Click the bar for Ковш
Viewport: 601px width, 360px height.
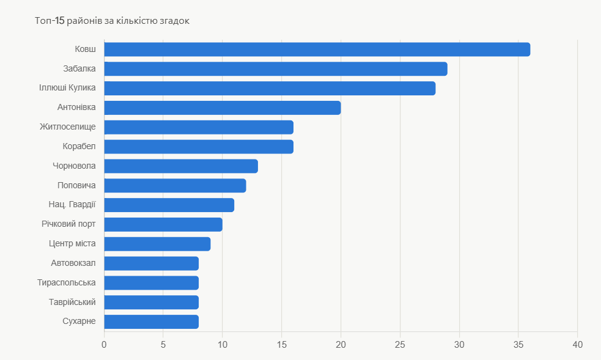(x=317, y=50)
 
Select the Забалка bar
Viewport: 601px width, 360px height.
(x=276, y=69)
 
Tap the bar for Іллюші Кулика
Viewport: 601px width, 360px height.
(x=270, y=88)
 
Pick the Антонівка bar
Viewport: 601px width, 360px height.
(x=223, y=108)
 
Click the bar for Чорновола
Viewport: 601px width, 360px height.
(x=181, y=166)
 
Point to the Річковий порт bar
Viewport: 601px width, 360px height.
(x=163, y=224)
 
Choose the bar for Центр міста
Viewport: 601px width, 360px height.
(x=157, y=244)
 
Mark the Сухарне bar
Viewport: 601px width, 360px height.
(x=152, y=321)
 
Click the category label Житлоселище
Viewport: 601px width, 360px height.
(x=68, y=127)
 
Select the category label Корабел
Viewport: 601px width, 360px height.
(x=79, y=146)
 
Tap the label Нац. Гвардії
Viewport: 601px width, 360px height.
(x=72, y=205)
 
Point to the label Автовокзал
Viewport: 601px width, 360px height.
(x=73, y=263)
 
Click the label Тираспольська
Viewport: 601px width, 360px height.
(x=66, y=282)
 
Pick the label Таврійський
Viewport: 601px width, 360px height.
(x=72, y=302)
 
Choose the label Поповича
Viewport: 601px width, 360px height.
(x=76, y=185)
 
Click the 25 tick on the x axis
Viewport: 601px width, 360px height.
(x=400, y=345)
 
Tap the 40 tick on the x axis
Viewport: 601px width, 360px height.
(x=577, y=345)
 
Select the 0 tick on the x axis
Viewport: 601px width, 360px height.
(x=104, y=345)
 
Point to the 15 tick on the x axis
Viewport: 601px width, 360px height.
(x=281, y=345)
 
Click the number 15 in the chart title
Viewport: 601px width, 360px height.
(x=60, y=21)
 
